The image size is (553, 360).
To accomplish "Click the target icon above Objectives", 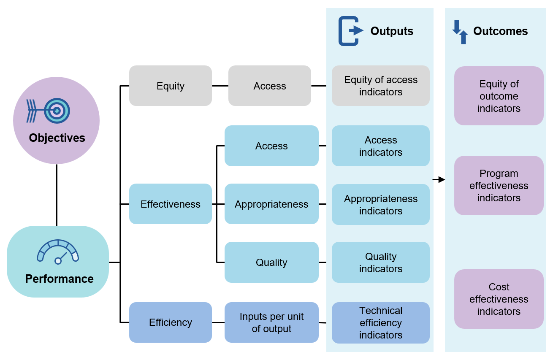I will click(49, 111).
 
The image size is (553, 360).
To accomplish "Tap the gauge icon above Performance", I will click(58, 252).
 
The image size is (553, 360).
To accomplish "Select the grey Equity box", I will click(170, 86).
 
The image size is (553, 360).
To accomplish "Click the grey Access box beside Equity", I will click(269, 86).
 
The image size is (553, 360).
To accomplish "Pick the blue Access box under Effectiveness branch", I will click(271, 146).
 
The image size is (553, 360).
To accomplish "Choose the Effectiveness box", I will click(170, 204).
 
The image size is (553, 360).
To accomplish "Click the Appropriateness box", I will click(271, 204).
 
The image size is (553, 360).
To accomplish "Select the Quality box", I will click(271, 262).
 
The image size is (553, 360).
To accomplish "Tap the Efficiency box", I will click(170, 322).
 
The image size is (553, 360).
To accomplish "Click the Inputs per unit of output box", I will click(271, 322).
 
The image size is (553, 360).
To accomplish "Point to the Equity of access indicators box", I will click(380, 86).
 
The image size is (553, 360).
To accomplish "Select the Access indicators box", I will click(380, 146).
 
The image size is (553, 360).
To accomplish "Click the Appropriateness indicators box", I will click(380, 204).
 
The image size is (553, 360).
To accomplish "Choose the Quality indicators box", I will click(380, 262).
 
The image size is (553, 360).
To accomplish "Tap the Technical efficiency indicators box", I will click(380, 322).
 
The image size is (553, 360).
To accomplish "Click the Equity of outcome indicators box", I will click(499, 96).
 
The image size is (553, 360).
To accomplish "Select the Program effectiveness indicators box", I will click(499, 185).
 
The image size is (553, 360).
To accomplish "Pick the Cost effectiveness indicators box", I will click(499, 299).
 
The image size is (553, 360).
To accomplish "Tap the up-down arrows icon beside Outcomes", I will click(460, 32).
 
